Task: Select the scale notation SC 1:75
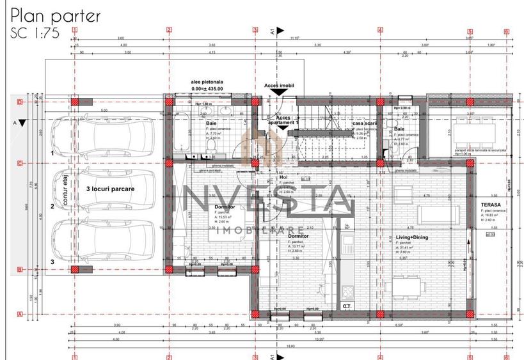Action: [x=35, y=34]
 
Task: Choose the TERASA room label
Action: [x=490, y=205]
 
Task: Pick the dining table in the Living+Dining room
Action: [x=408, y=284]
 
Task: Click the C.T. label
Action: [x=347, y=307]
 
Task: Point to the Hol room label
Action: [x=283, y=177]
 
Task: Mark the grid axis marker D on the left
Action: [x=20, y=102]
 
